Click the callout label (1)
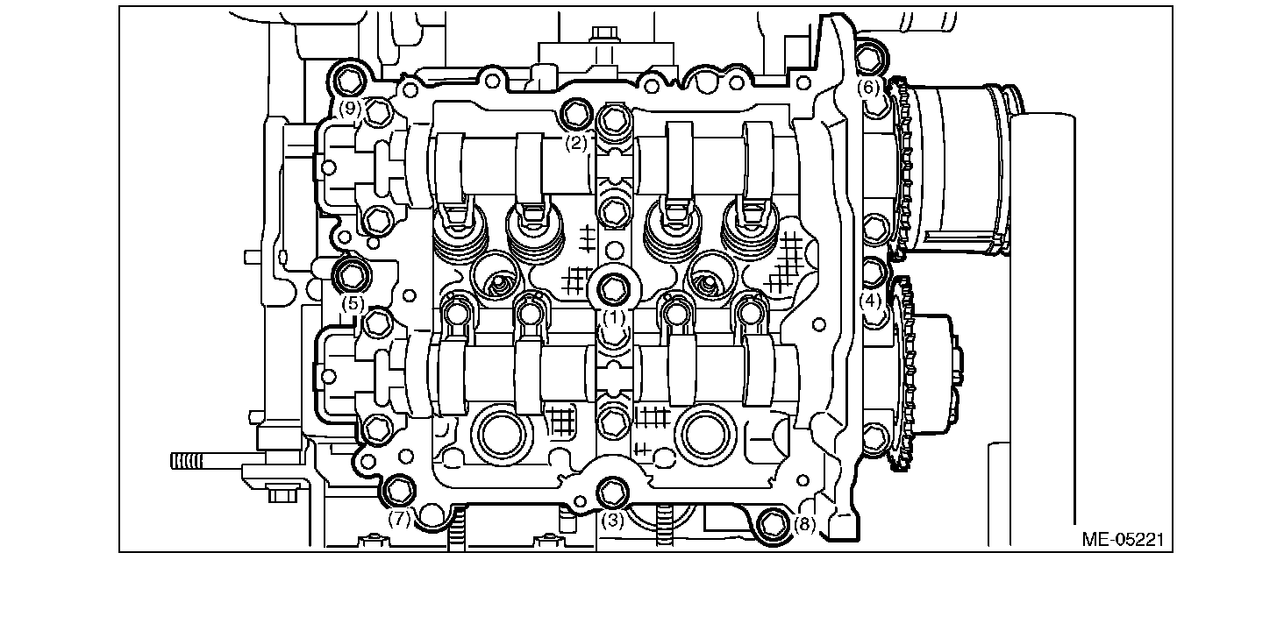tap(614, 317)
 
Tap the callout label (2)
tap(575, 143)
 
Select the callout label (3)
tap(613, 520)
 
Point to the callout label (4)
tap(870, 301)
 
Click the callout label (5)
tap(353, 303)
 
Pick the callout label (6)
tap(869, 87)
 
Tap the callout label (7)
tap(399, 519)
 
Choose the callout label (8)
tap(804, 524)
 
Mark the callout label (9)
tap(350, 108)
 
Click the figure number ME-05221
tap(1123, 539)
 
